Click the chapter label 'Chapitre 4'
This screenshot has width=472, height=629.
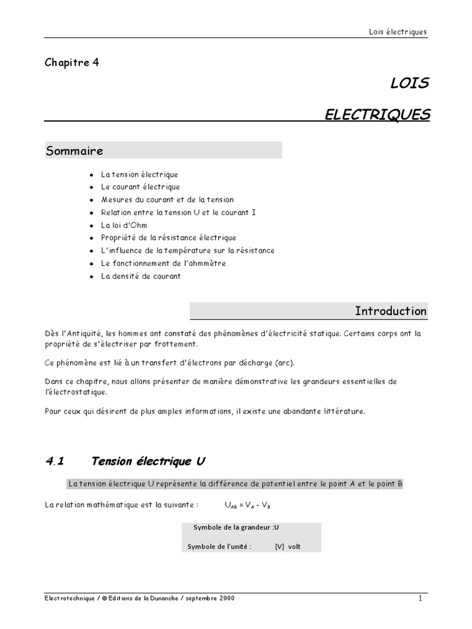coord(72,62)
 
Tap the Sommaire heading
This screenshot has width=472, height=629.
coord(74,151)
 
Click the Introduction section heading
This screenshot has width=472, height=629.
coord(390,311)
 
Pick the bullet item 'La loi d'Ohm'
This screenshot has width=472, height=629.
coord(124,225)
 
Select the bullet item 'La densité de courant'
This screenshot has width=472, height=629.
coord(141,276)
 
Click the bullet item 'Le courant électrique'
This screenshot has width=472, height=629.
coord(140,187)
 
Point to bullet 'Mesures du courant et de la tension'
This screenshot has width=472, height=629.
coord(167,200)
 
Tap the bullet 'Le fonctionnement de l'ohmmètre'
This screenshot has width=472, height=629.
coord(163,263)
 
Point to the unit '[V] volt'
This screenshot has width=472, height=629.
coord(288,546)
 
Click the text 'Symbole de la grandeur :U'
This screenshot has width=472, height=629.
coord(237,527)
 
